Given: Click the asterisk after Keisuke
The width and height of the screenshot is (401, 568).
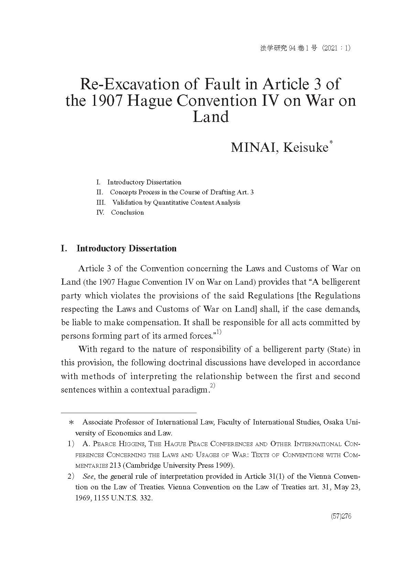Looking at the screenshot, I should pos(331,143).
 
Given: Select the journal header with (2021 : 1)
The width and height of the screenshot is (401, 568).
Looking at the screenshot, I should pos(305,48).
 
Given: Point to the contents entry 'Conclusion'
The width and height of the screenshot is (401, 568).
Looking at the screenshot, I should pos(127,212).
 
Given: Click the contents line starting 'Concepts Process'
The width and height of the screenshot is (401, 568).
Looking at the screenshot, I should pos(182,192).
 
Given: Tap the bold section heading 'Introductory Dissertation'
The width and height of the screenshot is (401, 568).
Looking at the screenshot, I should pos(126,248).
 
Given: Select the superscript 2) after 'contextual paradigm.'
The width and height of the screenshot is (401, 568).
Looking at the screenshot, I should pos(212,386).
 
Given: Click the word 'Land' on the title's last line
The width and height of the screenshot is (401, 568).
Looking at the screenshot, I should pos(210,117).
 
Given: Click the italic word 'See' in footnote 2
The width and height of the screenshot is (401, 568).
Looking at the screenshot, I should pos(88,476).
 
